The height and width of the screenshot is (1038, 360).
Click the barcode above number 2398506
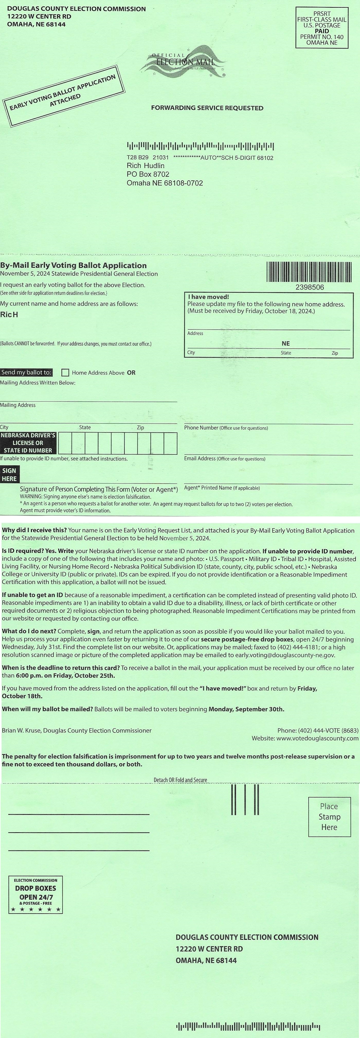[x=309, y=272]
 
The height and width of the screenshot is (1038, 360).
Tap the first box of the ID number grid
[x=65, y=443]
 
